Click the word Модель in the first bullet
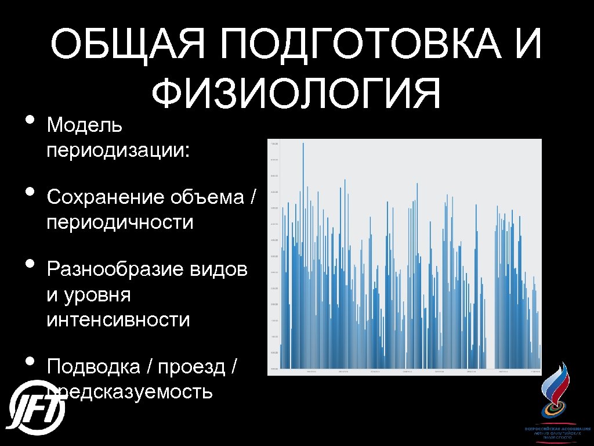tap(85, 124)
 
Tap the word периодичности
tap(120, 222)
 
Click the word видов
tap(223, 270)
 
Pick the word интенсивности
tap(118, 319)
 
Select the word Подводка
tap(93, 367)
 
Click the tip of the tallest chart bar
tap(303, 143)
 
